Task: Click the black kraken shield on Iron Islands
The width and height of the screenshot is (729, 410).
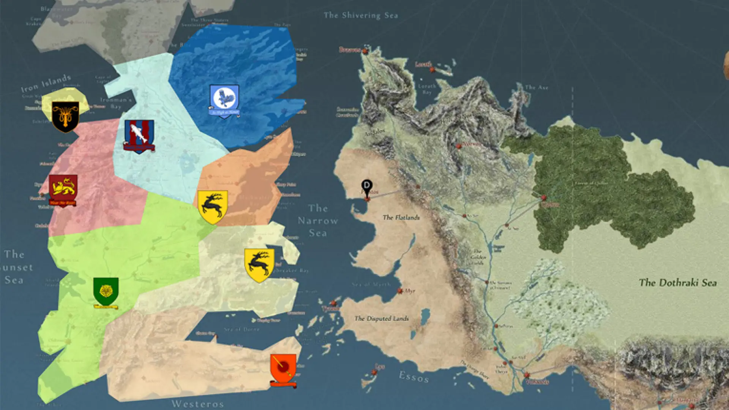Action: [x=65, y=117]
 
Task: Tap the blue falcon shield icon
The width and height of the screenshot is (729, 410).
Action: [x=224, y=99]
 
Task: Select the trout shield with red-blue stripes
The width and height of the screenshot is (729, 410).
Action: [x=139, y=136]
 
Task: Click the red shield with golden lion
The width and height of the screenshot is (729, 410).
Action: [x=63, y=189]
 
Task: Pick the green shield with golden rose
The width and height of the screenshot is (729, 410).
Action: [x=106, y=292]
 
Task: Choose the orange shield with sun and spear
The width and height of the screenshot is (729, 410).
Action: [x=283, y=369]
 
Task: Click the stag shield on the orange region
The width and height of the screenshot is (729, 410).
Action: [x=213, y=207]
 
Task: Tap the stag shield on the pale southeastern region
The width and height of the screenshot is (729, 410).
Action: [x=259, y=265]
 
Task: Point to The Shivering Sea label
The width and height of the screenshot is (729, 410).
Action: [x=361, y=16]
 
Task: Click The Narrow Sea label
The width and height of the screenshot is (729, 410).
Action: [x=318, y=221]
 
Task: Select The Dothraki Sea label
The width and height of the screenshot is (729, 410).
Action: [x=678, y=282]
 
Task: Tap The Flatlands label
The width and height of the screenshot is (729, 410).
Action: [x=401, y=218]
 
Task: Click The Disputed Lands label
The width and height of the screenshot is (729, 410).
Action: [x=382, y=319]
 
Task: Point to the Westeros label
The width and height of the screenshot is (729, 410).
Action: [x=197, y=404]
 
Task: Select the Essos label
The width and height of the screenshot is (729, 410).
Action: [x=414, y=377]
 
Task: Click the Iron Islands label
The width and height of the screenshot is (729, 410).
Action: [x=46, y=84]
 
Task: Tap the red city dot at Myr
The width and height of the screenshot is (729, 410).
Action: [x=400, y=291]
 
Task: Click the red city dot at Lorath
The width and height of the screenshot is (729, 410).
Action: [x=432, y=69]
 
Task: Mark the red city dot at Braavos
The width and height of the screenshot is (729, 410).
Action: [x=365, y=50]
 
